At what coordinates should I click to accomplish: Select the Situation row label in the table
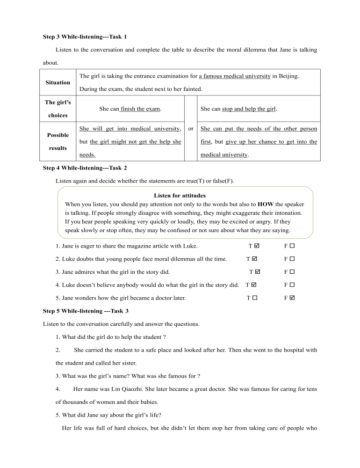(x=58, y=82)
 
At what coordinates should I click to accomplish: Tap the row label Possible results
(x=58, y=141)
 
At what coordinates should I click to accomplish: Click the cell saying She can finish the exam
(x=130, y=109)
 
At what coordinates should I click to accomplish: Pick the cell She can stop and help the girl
(x=238, y=109)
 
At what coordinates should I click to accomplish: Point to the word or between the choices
(x=191, y=129)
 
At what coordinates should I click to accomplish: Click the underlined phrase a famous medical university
(x=235, y=76)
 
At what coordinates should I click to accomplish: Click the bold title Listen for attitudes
(x=180, y=196)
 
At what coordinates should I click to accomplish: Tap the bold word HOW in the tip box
(x=266, y=205)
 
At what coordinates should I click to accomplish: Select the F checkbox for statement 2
(x=292, y=259)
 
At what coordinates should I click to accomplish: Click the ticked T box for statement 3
(x=258, y=271)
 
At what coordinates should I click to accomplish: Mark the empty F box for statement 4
(x=292, y=285)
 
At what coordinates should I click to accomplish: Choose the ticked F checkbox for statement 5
(x=292, y=298)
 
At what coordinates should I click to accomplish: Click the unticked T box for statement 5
(x=255, y=298)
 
